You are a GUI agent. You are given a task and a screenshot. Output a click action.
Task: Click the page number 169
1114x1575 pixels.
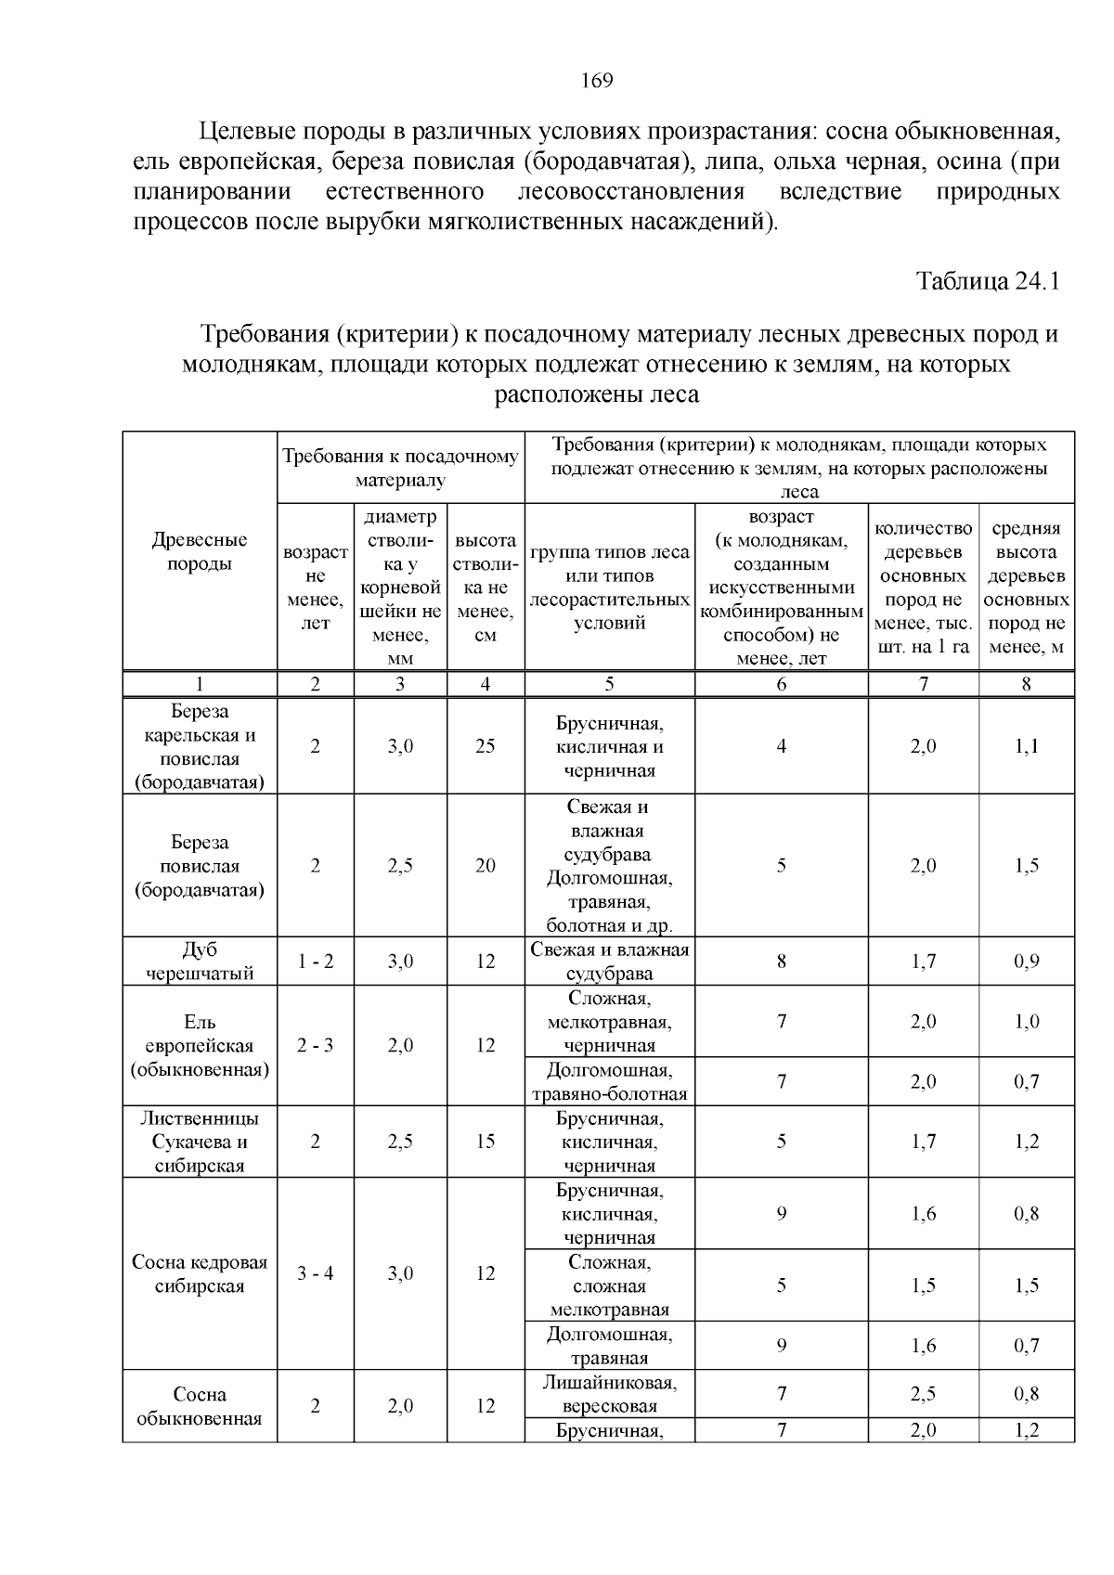point(597,81)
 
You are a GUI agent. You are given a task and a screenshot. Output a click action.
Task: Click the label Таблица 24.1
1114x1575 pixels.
point(988,280)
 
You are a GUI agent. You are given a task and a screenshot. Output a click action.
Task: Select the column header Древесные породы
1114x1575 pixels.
point(200,551)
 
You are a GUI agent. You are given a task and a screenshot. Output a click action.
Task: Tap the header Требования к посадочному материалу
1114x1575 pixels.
point(400,468)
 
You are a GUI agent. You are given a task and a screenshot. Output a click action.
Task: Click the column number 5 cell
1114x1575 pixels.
point(609,684)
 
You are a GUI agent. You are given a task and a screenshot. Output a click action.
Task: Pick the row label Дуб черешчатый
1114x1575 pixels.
point(200,961)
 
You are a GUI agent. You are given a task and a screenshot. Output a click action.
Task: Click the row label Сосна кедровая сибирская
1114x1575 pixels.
point(200,1273)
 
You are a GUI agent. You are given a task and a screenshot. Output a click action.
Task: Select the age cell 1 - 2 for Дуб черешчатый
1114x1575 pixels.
point(316,962)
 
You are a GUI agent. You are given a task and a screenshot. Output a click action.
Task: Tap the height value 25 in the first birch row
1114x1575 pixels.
point(486,746)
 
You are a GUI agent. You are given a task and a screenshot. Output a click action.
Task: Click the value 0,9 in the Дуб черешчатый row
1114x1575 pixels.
point(1026,962)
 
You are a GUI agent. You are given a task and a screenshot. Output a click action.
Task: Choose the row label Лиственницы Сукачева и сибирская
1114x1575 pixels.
point(200,1142)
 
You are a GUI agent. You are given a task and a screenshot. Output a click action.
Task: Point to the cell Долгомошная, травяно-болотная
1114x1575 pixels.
point(609,1081)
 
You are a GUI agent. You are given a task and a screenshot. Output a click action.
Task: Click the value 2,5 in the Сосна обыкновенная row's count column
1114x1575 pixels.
point(923,1393)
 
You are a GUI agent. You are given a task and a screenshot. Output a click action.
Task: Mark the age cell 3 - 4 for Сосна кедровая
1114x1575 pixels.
point(316,1273)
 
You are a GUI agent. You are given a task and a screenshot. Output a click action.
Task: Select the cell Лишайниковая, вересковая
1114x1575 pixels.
point(609,1393)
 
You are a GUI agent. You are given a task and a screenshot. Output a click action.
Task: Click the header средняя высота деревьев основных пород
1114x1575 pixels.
point(1026,587)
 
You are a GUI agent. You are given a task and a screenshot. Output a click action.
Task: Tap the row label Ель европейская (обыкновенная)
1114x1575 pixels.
point(200,1045)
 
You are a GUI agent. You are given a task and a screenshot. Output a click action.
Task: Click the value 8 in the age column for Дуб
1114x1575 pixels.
point(781,962)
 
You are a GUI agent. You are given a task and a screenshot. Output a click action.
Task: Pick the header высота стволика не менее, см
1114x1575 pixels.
point(486,587)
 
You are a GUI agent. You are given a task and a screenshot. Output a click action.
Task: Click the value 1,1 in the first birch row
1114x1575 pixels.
point(1026,746)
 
